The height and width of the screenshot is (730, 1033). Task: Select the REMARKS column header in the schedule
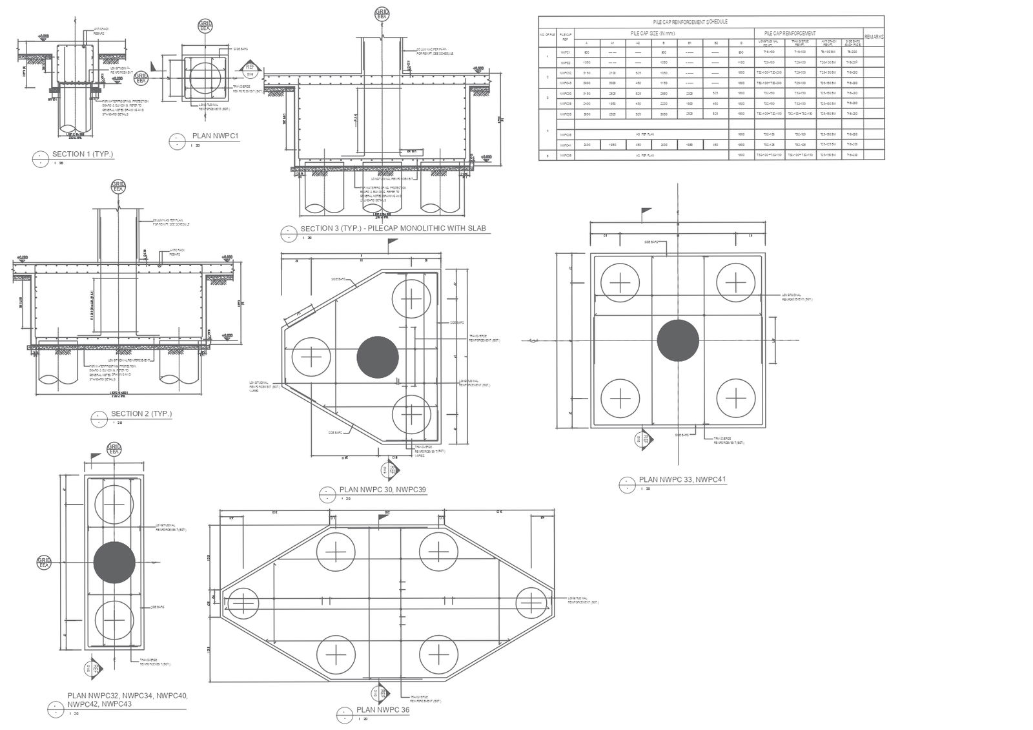coord(874,37)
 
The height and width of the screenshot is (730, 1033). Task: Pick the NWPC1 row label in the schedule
coord(566,52)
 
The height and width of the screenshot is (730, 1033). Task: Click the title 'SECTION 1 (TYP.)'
coord(82,154)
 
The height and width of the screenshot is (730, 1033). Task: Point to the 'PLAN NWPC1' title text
coord(216,136)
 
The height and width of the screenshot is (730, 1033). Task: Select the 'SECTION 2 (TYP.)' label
coord(141,414)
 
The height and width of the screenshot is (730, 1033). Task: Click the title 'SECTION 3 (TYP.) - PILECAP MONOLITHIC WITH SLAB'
coord(393,229)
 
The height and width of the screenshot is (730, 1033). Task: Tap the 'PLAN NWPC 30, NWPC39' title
coord(382,490)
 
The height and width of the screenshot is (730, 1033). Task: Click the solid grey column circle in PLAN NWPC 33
coord(678,340)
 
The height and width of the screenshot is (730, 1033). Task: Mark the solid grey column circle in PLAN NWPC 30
coord(378,357)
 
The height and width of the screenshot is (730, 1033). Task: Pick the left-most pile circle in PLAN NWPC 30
coord(311,357)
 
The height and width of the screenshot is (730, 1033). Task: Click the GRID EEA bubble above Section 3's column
coord(382,14)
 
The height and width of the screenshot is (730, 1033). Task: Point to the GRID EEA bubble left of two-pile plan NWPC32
coord(44,563)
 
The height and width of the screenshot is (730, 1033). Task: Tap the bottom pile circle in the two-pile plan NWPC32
coord(114,620)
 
